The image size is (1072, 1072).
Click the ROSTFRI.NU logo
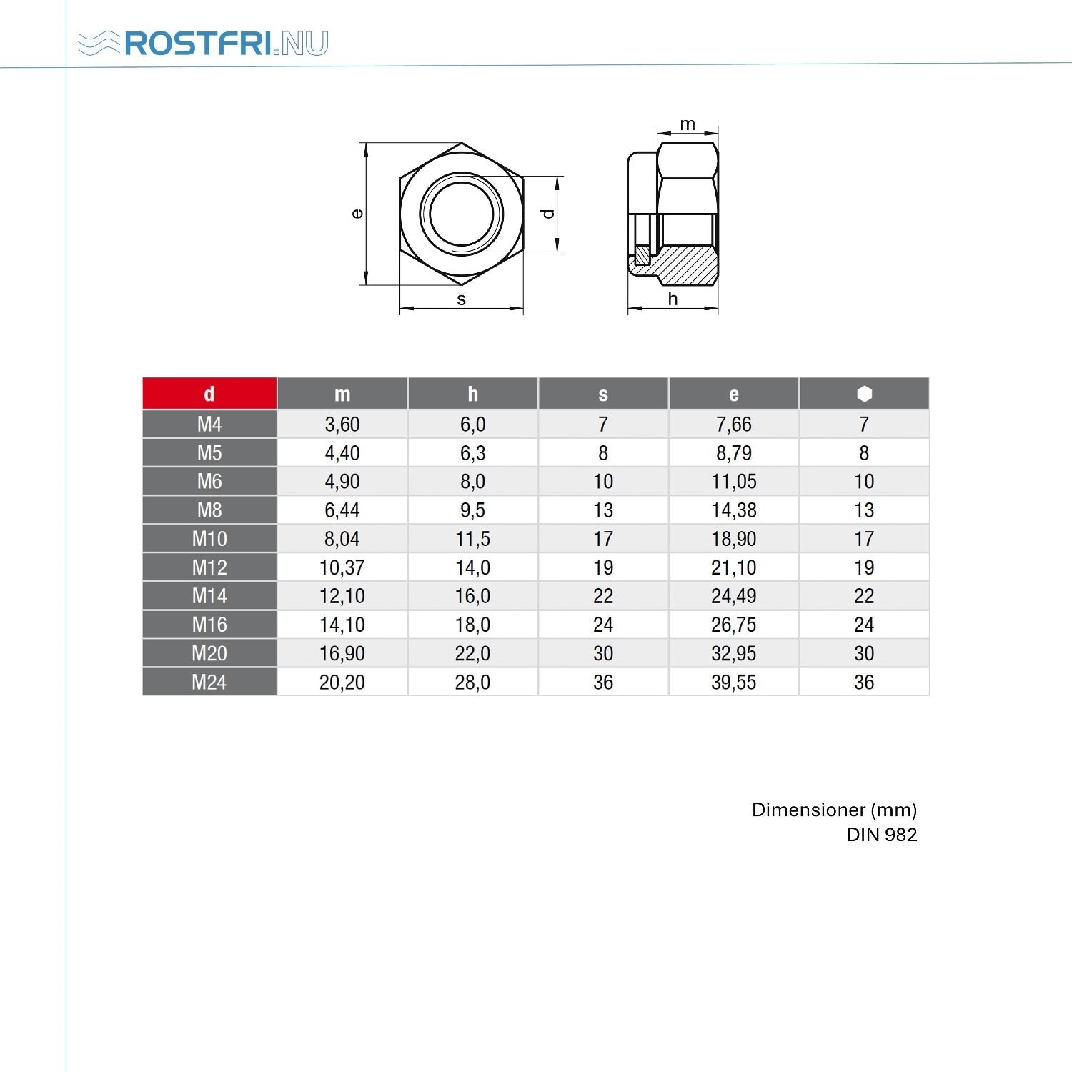pos(203,43)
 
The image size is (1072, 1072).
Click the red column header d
pos(209,394)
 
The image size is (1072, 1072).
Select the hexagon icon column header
pos(864,394)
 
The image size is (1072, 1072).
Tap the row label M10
pos(209,539)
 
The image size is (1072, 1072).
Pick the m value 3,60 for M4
pos(342,425)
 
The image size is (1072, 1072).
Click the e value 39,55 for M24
pos(733,683)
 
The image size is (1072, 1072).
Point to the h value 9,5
pos(472,510)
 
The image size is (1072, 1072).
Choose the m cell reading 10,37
pos(342,567)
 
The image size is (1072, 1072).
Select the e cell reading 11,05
pos(733,482)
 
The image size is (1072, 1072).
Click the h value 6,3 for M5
pos(472,453)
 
